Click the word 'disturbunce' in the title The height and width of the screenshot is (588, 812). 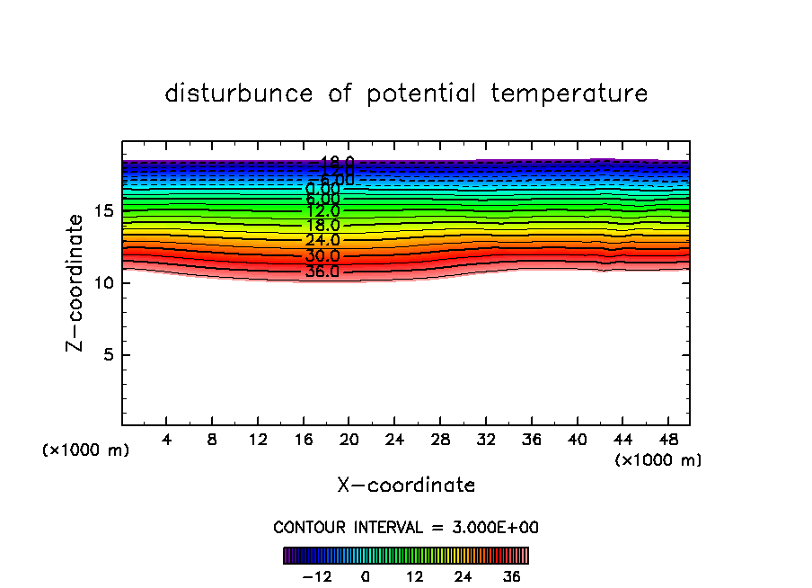point(239,94)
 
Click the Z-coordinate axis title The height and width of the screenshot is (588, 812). point(78,282)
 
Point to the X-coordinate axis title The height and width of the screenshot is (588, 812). point(406,486)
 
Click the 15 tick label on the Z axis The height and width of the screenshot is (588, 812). point(101,211)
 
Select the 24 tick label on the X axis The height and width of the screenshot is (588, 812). point(394,440)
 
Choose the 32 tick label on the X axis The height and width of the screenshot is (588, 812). point(485,440)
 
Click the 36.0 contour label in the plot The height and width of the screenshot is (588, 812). point(322,271)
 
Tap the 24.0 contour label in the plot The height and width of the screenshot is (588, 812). point(322,240)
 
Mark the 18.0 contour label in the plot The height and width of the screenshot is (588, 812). point(322,226)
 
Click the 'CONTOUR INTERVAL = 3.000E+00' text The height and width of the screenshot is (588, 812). point(406,528)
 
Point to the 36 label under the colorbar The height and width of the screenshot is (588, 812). point(510,576)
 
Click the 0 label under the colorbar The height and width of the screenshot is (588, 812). point(366,576)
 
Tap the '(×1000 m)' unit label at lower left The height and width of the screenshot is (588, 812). point(86,450)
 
